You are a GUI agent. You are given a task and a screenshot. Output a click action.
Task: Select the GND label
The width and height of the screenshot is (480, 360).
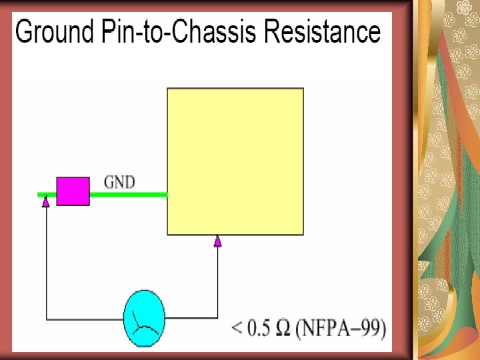[x=120, y=181]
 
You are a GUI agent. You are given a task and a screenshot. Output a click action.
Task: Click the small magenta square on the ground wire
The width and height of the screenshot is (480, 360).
[x=73, y=191]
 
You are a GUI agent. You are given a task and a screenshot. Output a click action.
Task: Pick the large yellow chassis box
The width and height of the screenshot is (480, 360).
[x=235, y=161]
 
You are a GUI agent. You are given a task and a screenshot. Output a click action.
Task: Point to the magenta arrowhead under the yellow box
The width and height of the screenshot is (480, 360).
[x=217, y=241]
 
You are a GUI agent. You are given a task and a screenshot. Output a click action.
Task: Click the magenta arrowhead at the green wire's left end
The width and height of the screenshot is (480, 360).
[x=45, y=201]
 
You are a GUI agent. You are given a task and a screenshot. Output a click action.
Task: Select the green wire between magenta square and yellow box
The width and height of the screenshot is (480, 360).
[x=128, y=195]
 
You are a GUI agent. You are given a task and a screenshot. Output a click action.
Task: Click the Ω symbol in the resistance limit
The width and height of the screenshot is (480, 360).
[x=283, y=329]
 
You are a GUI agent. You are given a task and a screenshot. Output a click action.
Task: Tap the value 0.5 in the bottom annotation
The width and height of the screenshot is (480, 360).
[x=260, y=329]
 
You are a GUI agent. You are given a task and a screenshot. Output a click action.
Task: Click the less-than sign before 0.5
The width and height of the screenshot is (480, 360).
[x=237, y=329]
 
